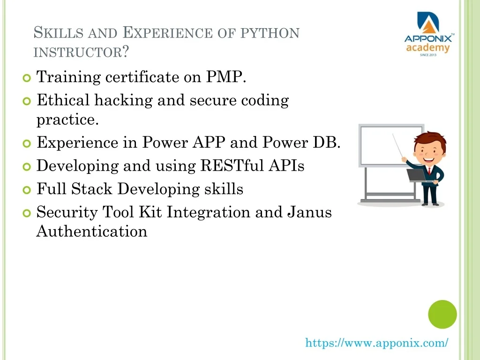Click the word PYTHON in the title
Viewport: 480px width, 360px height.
coord(270,33)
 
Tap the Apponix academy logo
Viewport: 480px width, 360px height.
coord(428,34)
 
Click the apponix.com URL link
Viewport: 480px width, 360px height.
coord(377,343)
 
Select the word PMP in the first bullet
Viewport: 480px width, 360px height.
coord(226,76)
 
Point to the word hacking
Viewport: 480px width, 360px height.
coord(123,100)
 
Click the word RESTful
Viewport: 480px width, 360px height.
coord(232,165)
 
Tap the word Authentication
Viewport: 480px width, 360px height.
coord(92,231)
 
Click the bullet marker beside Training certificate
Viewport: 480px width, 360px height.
coord(27,78)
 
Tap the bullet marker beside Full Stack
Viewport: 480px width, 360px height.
coord(27,190)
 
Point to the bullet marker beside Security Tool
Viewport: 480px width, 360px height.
coord(27,213)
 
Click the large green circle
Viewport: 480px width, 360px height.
coord(442,315)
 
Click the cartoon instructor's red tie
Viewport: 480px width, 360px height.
coord(429,171)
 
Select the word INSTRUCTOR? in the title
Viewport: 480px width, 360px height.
coord(81,52)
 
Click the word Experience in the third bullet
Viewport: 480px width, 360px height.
coord(77,143)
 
